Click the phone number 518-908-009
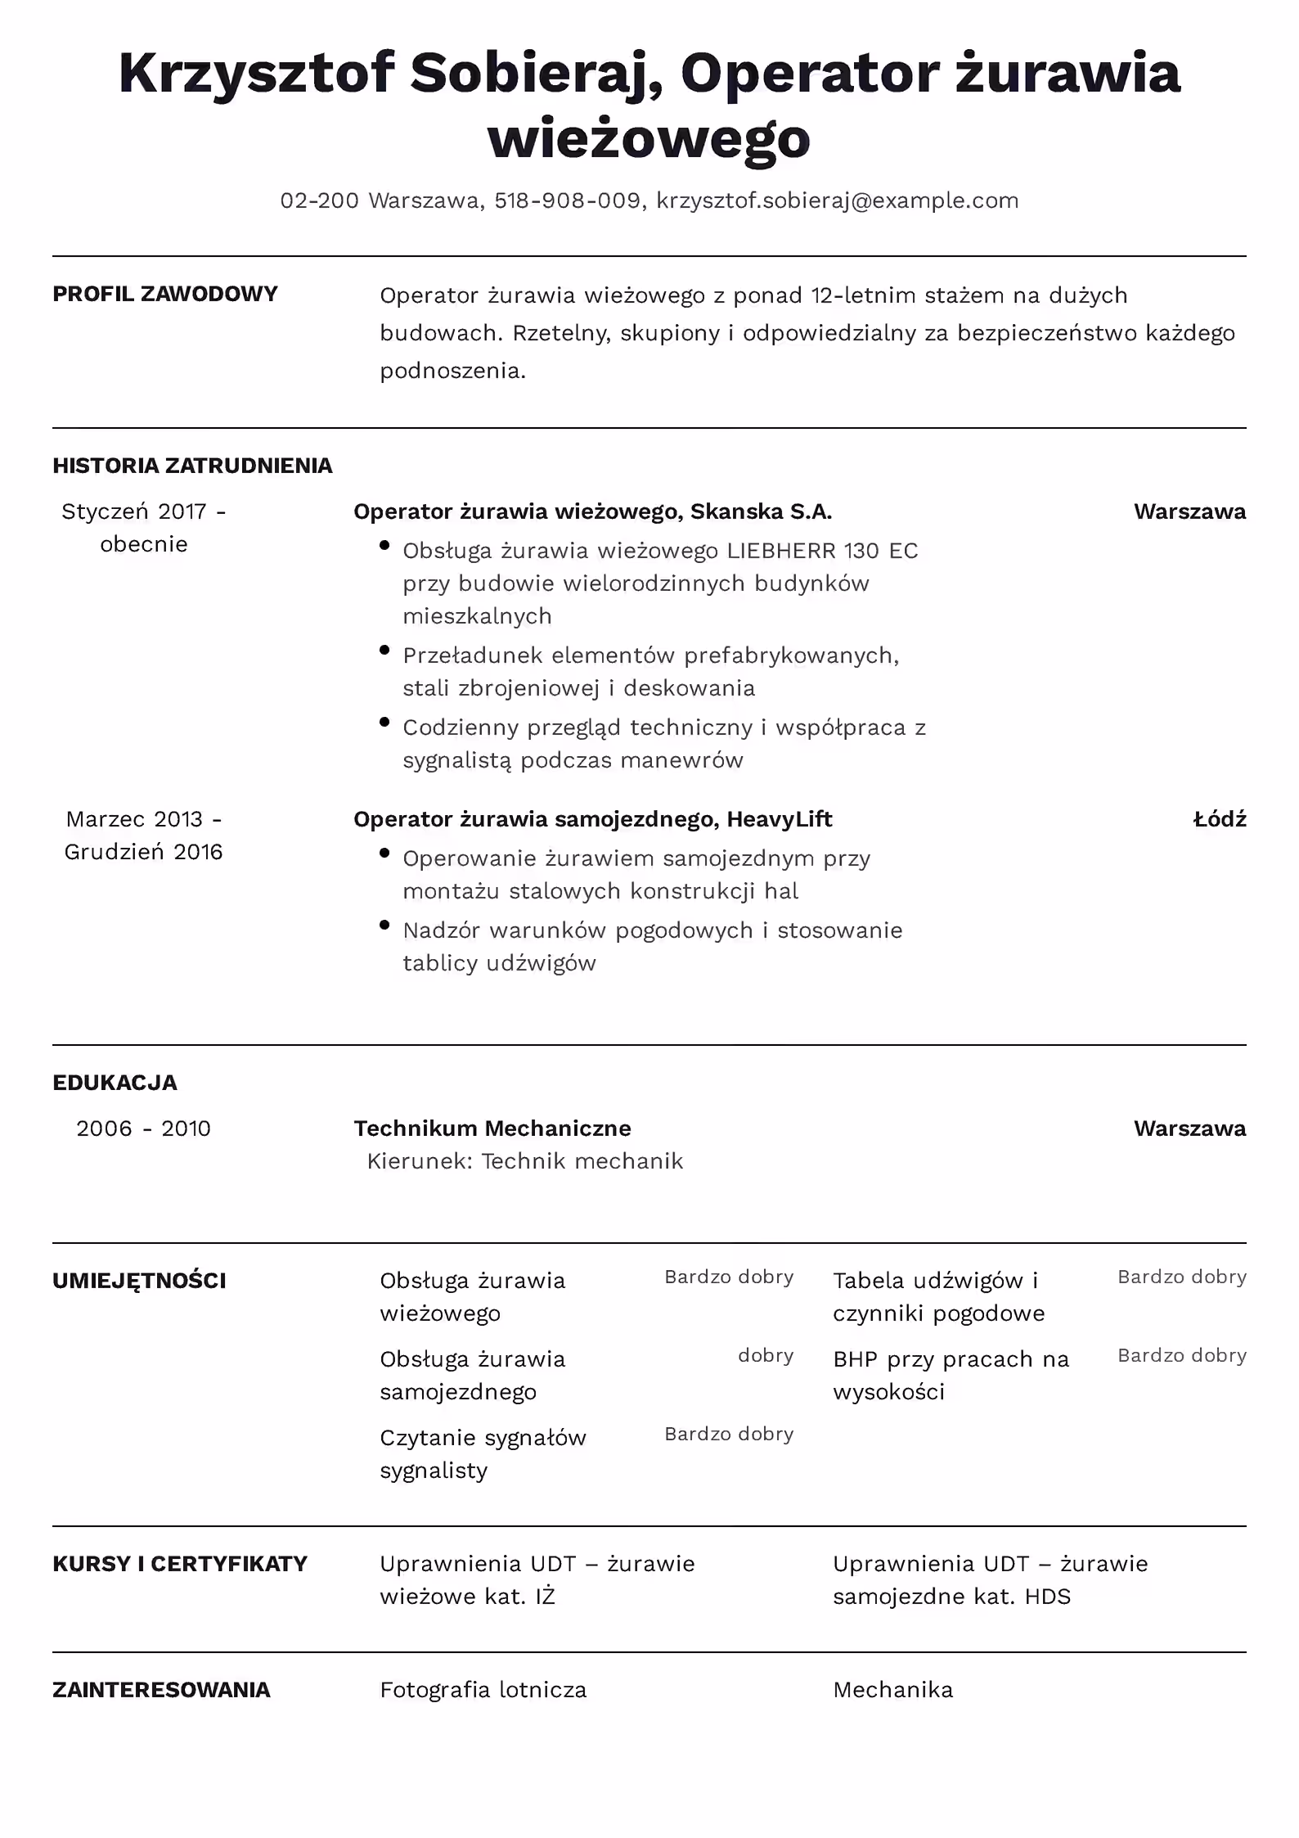[567, 200]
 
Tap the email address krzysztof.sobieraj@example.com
[837, 200]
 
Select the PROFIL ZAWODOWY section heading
[165, 294]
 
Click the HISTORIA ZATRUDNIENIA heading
[192, 466]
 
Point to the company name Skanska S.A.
[761, 511]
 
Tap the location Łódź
[1219, 819]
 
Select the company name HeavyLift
[779, 819]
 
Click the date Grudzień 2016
[143, 852]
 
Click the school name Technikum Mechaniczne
[492, 1128]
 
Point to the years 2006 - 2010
[143, 1128]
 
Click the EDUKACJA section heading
[115, 1083]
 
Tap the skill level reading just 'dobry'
[765, 1356]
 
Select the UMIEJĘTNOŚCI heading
[139, 1281]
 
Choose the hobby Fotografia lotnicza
[483, 1690]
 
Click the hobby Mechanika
[892, 1690]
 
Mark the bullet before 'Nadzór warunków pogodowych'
[384, 926]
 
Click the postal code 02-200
[319, 200]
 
